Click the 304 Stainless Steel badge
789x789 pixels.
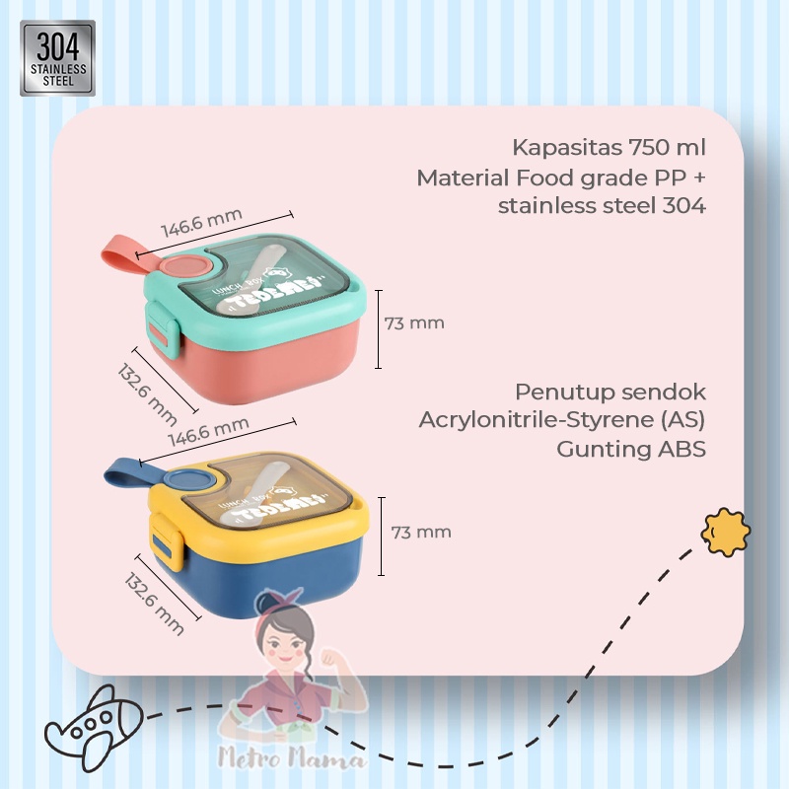(57, 58)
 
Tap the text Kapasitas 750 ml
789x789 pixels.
(610, 149)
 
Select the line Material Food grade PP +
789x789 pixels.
(561, 179)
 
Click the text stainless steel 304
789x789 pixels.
(602, 206)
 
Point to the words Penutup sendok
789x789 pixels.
(610, 391)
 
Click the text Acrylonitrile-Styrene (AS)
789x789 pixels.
(563, 419)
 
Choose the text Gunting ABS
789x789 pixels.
(631, 449)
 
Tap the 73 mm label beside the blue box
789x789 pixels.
(421, 533)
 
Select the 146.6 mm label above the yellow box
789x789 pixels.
(207, 436)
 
